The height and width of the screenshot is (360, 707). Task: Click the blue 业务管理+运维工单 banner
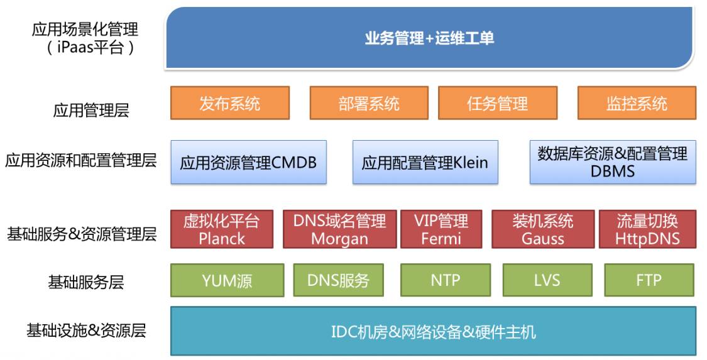[x=429, y=38]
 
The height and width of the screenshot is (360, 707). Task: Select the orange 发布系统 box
[x=230, y=103]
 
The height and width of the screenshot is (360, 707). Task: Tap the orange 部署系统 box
[x=369, y=103]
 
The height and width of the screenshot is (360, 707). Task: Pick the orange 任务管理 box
[x=497, y=103]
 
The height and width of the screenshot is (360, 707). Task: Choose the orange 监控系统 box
[x=637, y=103]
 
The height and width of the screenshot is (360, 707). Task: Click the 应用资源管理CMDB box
[x=248, y=162]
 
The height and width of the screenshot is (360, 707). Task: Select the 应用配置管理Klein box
[x=425, y=162]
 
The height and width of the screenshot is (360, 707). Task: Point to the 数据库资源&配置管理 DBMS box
[x=613, y=162]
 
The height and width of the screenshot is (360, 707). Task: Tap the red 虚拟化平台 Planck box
[x=222, y=229]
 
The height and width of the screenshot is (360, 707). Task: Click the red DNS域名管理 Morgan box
[x=339, y=229]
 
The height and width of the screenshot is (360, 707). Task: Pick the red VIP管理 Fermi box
[x=441, y=229]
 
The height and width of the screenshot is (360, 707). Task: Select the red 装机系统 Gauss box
[x=542, y=229]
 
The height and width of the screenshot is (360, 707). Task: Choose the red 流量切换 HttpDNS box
[x=647, y=229]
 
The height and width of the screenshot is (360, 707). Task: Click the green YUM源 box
[x=227, y=280]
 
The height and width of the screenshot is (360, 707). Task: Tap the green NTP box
[x=446, y=280]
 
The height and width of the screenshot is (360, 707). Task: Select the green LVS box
[x=547, y=280]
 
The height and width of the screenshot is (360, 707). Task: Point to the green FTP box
[x=649, y=280]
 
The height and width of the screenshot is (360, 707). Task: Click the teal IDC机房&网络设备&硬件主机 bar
[x=433, y=331]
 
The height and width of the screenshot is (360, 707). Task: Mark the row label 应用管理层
[x=91, y=111]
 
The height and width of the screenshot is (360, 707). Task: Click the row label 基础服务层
[x=86, y=281]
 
